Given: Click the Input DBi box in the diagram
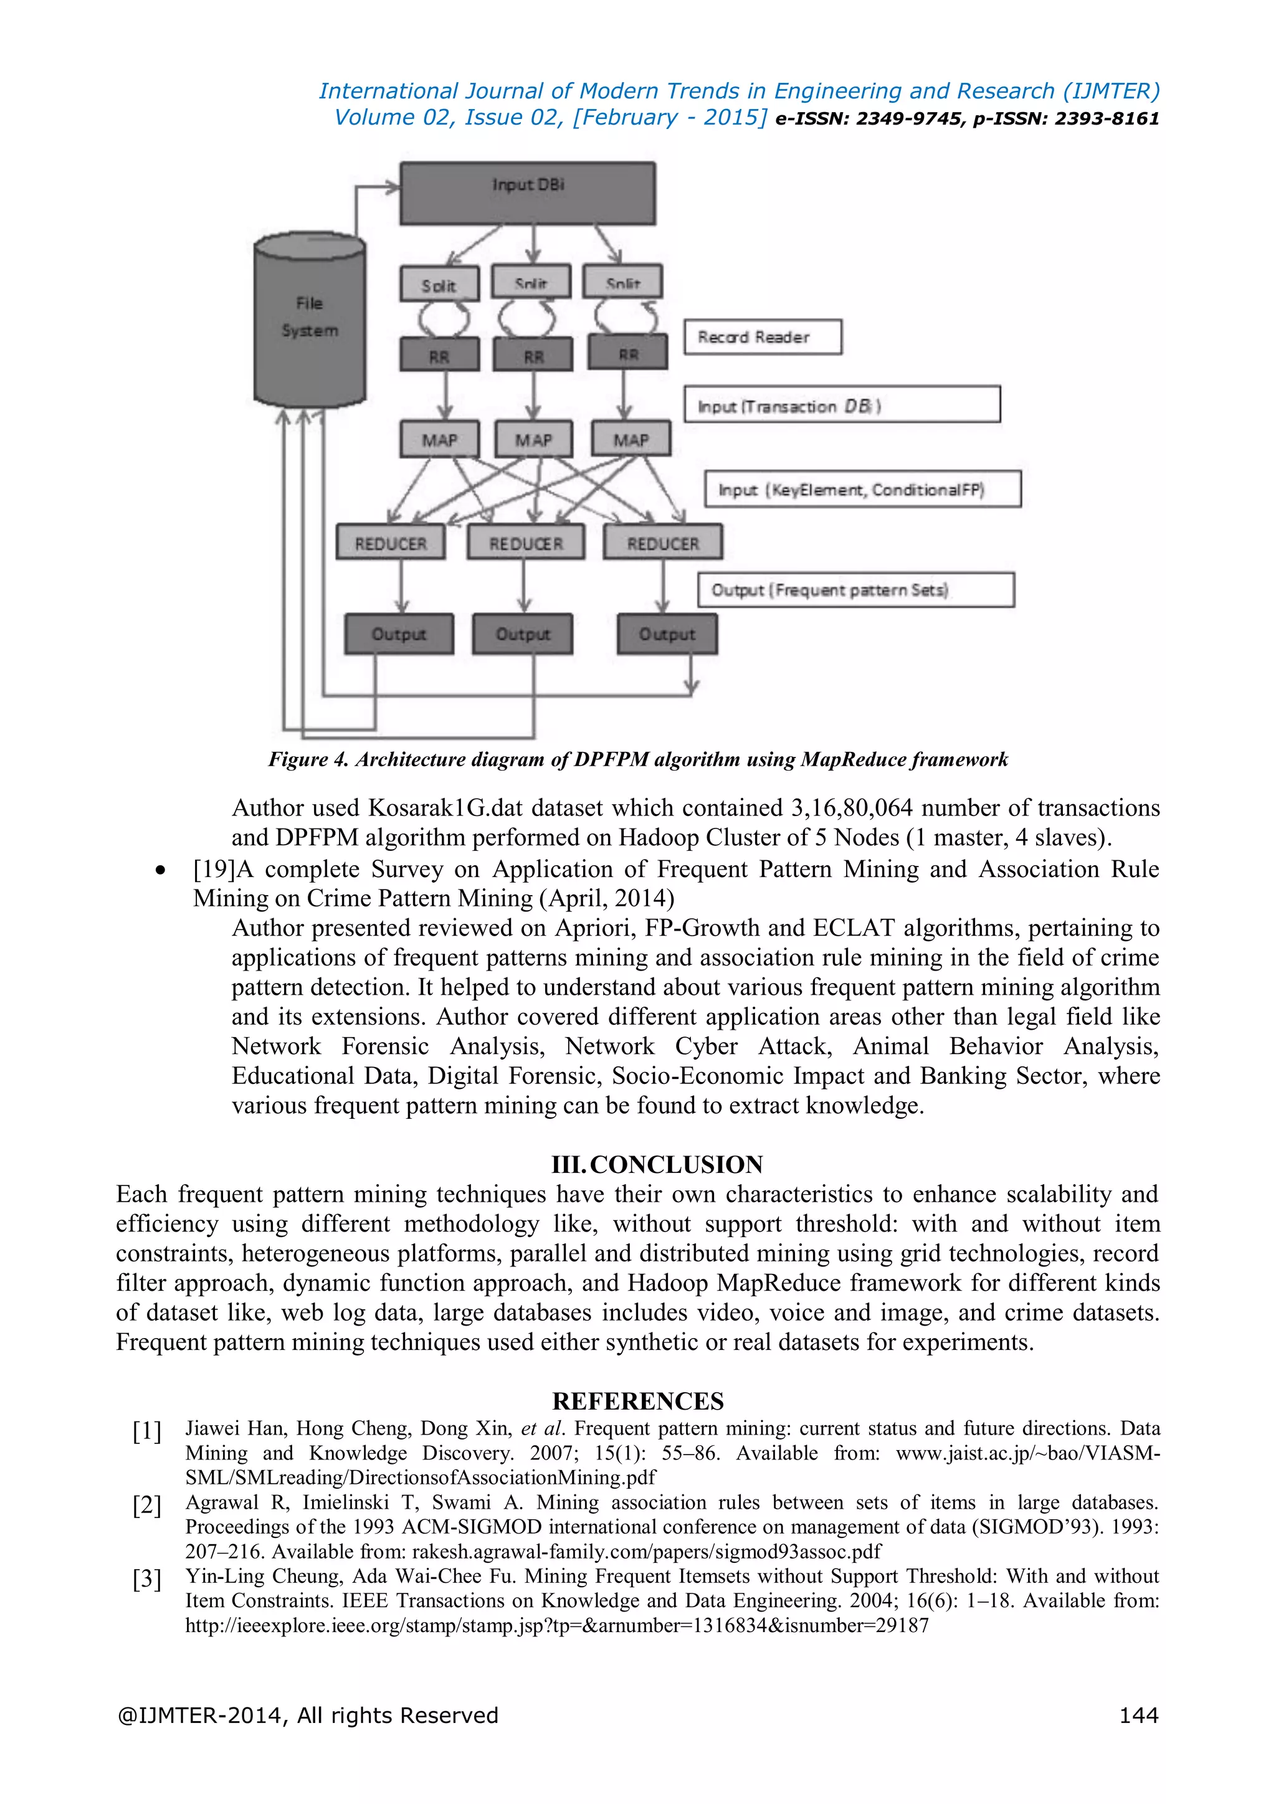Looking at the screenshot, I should [527, 192].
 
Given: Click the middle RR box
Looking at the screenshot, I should [533, 355].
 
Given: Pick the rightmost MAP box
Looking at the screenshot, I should [631, 439].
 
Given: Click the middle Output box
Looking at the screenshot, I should [523, 634].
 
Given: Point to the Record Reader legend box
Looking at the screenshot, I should [762, 337].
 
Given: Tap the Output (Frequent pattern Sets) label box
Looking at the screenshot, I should [855, 590].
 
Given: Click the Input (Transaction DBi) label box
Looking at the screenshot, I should [842, 406].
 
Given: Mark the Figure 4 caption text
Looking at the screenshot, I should [638, 759].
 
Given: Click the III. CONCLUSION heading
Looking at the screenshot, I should [657, 1164].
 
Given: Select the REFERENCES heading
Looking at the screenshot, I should [637, 1400].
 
